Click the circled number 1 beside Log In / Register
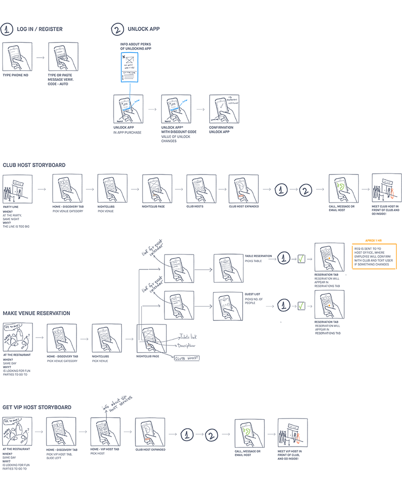pyautogui.click(x=7, y=29)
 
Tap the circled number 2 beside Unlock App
pyautogui.click(x=117, y=29)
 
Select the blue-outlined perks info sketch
pyautogui.click(x=130, y=68)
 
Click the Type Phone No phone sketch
pyautogui.click(x=18, y=57)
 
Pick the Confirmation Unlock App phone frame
pyautogui.click(x=224, y=109)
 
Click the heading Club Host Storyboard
pyautogui.click(x=34, y=165)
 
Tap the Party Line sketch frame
pyautogui.click(x=18, y=189)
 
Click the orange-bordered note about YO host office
pyautogui.click(x=374, y=257)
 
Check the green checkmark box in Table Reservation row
pyautogui.click(x=302, y=258)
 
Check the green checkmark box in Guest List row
pyautogui.click(x=302, y=306)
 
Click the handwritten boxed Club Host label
pyautogui.click(x=186, y=358)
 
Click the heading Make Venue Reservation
pyautogui.click(x=36, y=313)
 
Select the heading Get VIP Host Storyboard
pyautogui.click(x=37, y=407)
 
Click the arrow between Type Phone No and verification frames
pyautogui.click(x=40, y=58)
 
